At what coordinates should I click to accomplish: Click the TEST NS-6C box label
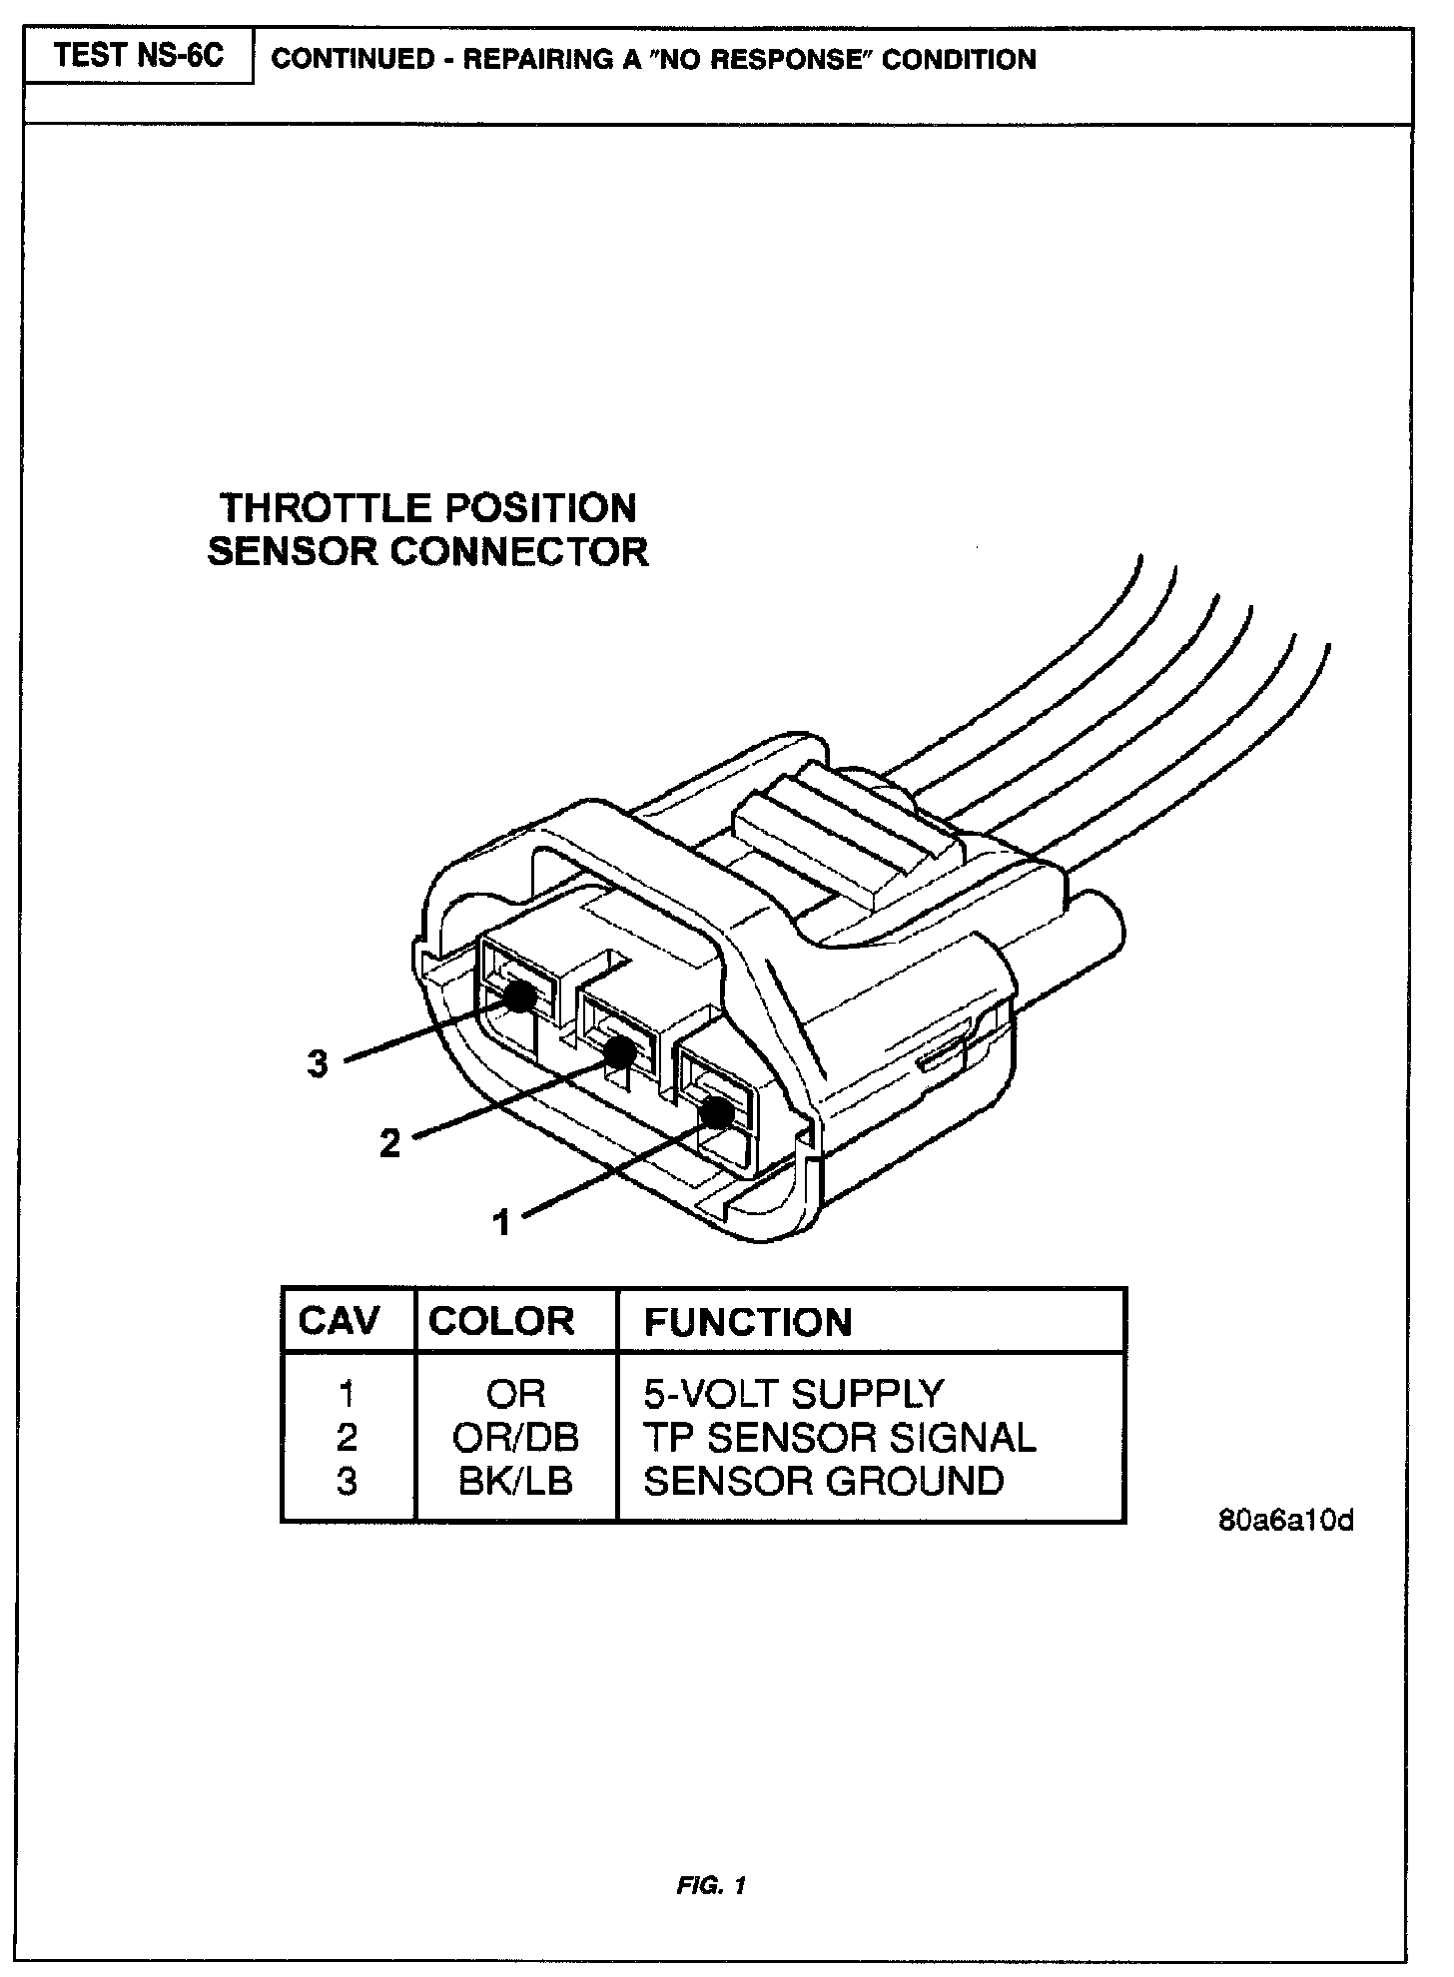tap(138, 56)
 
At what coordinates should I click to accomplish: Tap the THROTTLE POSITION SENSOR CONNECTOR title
tap(428, 529)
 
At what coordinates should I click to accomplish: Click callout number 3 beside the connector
tap(318, 1064)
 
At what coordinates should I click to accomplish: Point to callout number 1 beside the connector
tap(502, 1221)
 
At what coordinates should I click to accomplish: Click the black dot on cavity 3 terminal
tap(519, 995)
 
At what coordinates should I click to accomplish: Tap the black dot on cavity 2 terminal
tap(620, 1050)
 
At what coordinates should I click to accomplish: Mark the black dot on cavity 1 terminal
tap(715, 1111)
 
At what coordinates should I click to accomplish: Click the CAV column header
tap(340, 1321)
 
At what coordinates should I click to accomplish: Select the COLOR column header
tap(501, 1321)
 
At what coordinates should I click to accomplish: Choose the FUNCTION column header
tap(748, 1323)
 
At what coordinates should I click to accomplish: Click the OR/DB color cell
tap(515, 1437)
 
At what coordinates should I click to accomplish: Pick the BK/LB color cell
tap(515, 1481)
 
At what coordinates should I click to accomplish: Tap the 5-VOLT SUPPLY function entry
tap(793, 1393)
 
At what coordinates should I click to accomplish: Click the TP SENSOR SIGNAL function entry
tap(840, 1437)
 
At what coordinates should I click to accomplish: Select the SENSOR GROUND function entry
tap(823, 1481)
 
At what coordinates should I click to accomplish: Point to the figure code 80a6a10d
tap(1286, 1522)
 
